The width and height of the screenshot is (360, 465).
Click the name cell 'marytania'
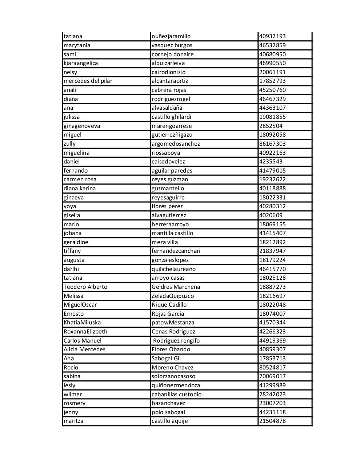pyautogui.click(x=77, y=45)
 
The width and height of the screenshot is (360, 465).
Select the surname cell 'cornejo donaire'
pyautogui.click(x=173, y=54)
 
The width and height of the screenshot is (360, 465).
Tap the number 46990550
pyautogui.click(x=272, y=63)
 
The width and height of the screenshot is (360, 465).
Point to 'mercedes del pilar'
pyautogui.click(x=88, y=81)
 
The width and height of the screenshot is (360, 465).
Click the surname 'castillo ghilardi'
pyautogui.click(x=171, y=117)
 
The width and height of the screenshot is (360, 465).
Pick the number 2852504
pyautogui.click(x=271, y=126)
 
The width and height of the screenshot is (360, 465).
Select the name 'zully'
pyautogui.click(x=70, y=144)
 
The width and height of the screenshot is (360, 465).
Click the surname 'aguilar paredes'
pyautogui.click(x=172, y=171)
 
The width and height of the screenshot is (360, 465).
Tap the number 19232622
pyautogui.click(x=272, y=179)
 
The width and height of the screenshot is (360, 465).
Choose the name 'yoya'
pyautogui.click(x=70, y=206)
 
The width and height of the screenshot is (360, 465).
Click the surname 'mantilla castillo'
pyautogui.click(x=172, y=233)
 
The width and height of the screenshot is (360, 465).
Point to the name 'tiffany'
pyautogui.click(x=72, y=251)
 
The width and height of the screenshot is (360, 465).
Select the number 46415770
pyautogui.click(x=272, y=269)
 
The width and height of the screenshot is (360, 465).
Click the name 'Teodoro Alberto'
pyautogui.click(x=85, y=287)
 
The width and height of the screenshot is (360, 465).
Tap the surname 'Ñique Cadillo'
pyautogui.click(x=169, y=305)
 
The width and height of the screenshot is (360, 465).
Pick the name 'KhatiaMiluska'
pyautogui.click(x=82, y=323)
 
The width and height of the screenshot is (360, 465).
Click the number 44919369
pyautogui.click(x=272, y=341)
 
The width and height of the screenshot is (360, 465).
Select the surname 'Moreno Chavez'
pyautogui.click(x=172, y=368)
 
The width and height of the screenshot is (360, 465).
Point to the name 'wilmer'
pyautogui.click(x=73, y=395)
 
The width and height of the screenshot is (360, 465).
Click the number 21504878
pyautogui.click(x=272, y=421)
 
